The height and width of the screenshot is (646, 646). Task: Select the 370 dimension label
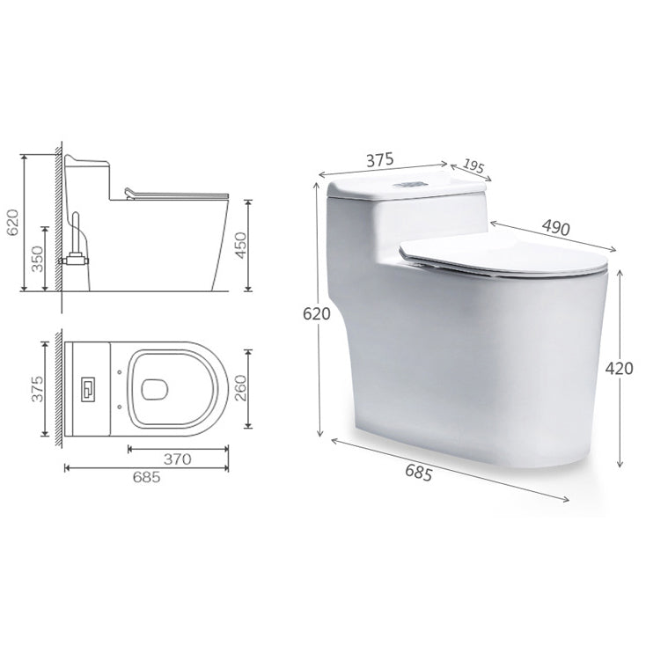(179, 459)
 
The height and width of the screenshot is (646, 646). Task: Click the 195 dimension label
(473, 166)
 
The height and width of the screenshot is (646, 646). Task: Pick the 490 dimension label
(555, 227)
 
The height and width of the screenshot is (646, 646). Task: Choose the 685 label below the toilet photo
(418, 473)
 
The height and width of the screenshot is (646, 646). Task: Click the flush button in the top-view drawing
(89, 386)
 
